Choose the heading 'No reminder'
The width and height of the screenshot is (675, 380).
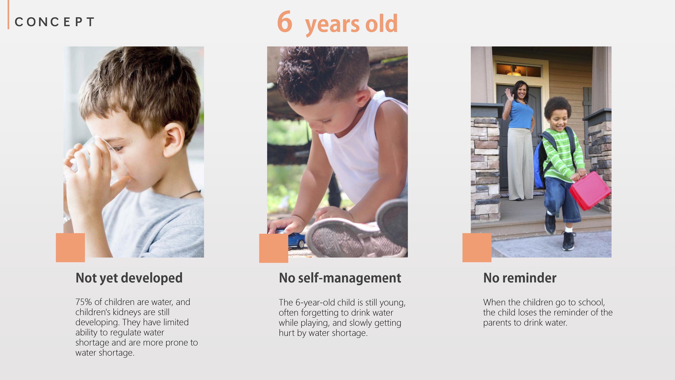click(520, 278)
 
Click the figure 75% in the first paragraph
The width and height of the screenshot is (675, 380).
click(84, 302)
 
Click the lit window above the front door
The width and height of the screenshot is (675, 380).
click(519, 70)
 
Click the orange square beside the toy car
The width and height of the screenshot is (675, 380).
click(274, 248)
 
